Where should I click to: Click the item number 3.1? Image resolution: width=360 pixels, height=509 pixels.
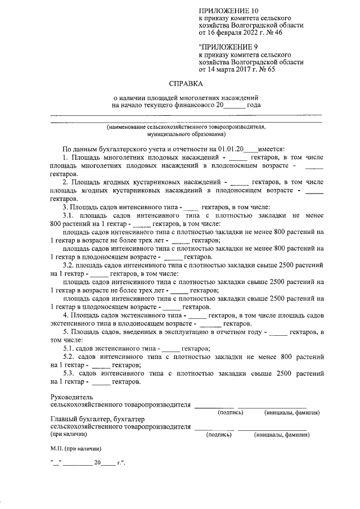(x=69, y=215)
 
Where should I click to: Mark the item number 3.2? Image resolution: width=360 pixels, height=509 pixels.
(x=69, y=264)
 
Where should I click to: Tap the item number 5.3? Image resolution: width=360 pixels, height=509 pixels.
(x=69, y=373)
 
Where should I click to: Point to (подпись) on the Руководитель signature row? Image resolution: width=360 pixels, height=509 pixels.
(x=230, y=413)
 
